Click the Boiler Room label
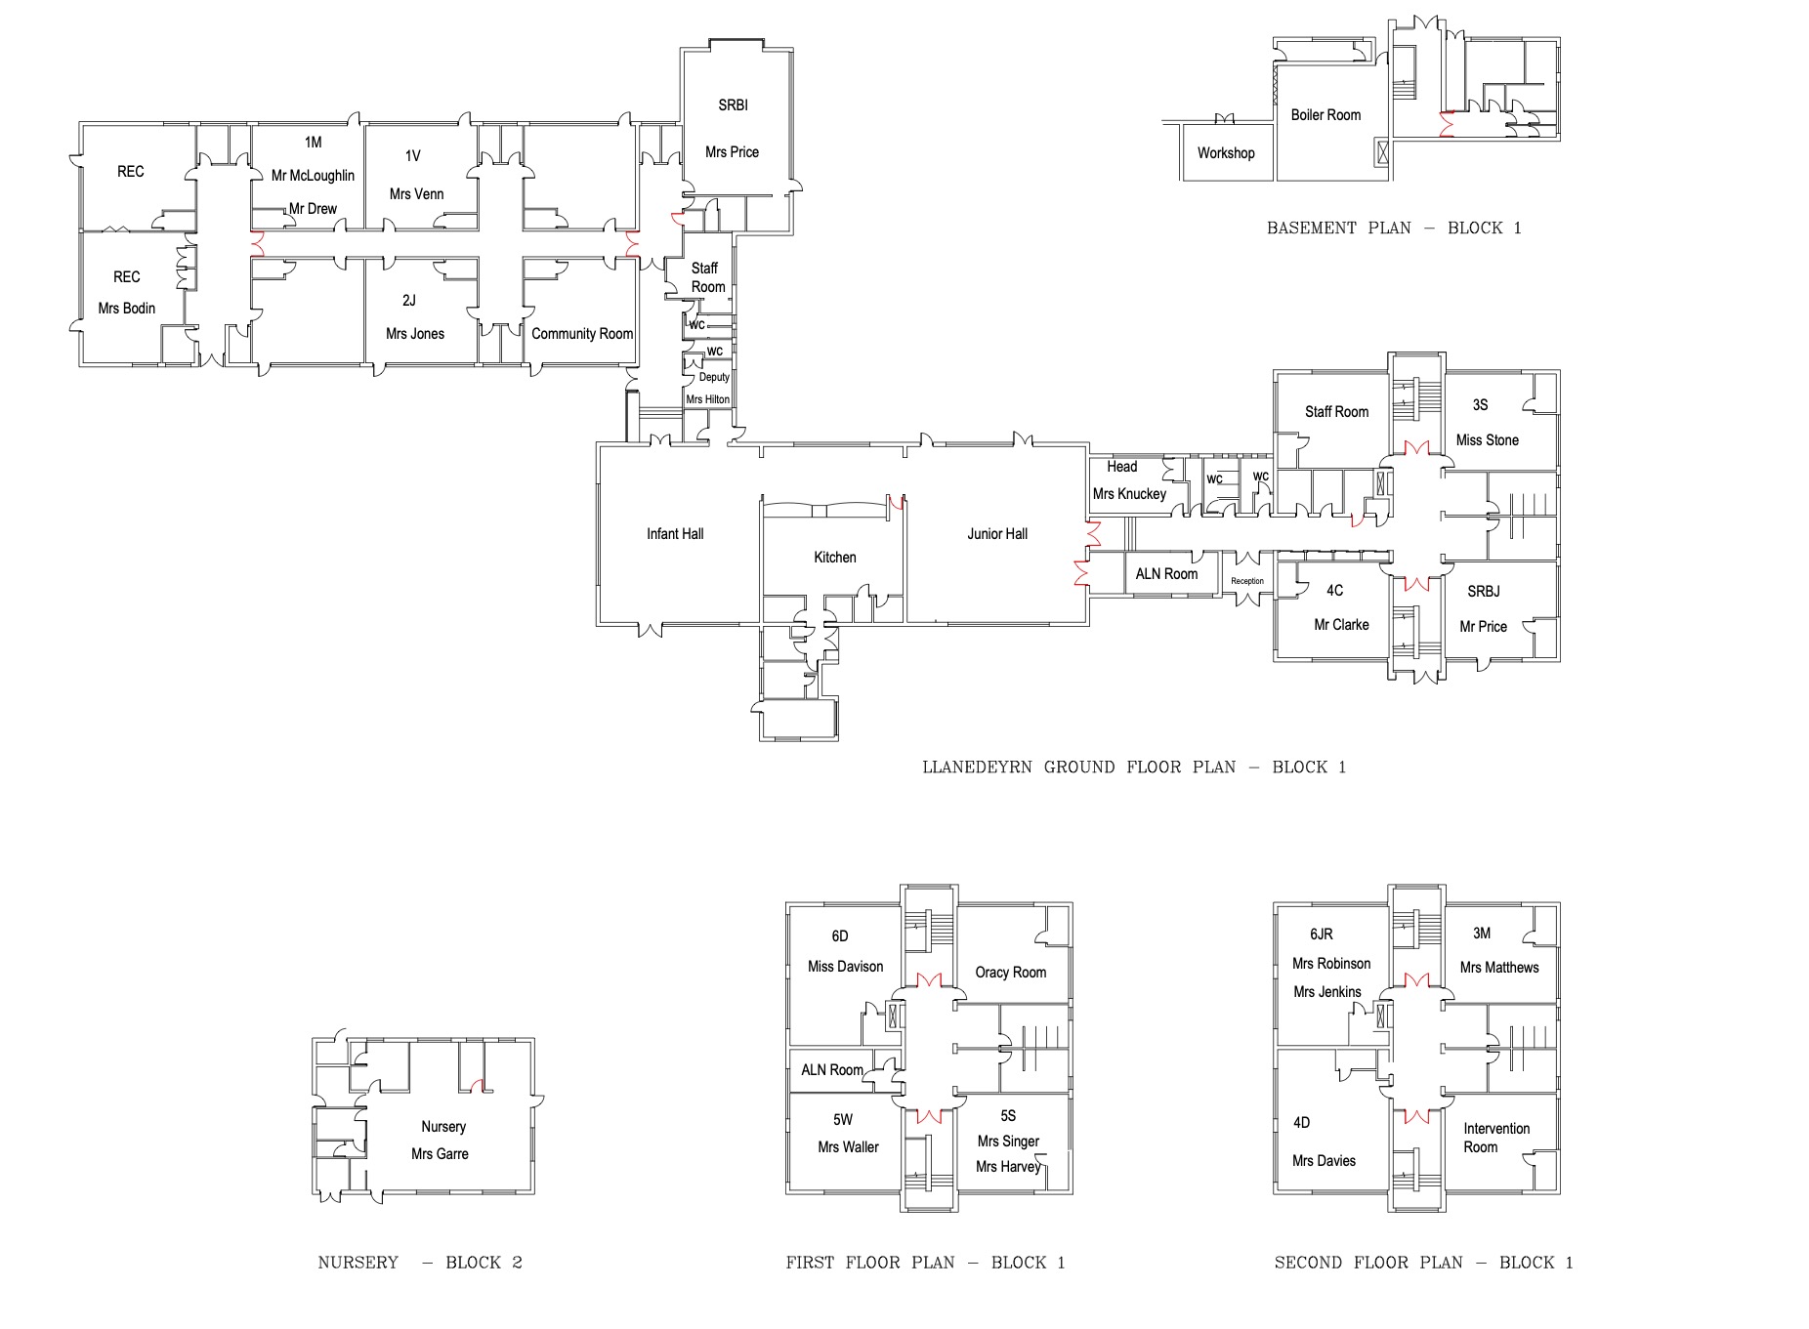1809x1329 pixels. click(x=1325, y=115)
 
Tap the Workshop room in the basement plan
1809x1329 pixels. click(x=1225, y=153)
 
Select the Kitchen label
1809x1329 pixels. click(x=834, y=558)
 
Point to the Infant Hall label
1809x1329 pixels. click(x=674, y=534)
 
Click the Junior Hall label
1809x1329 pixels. click(x=996, y=534)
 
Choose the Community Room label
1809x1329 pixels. click(x=582, y=334)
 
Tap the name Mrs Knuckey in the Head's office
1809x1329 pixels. click(x=1129, y=494)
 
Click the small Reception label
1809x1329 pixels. click(x=1246, y=581)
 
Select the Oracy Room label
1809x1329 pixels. click(x=1010, y=973)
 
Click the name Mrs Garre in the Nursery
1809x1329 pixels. click(x=440, y=1154)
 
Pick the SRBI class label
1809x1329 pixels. click(x=733, y=105)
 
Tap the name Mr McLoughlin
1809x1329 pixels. click(x=313, y=176)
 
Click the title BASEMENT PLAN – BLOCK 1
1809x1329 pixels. click(x=1394, y=228)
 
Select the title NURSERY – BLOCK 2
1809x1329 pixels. click(x=420, y=1263)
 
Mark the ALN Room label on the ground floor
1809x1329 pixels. click(x=1166, y=574)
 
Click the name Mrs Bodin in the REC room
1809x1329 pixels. click(x=126, y=309)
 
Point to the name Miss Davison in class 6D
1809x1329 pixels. click(x=845, y=967)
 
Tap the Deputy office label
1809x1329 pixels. click(x=714, y=377)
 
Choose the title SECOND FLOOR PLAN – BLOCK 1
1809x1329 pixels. click(x=1423, y=1263)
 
